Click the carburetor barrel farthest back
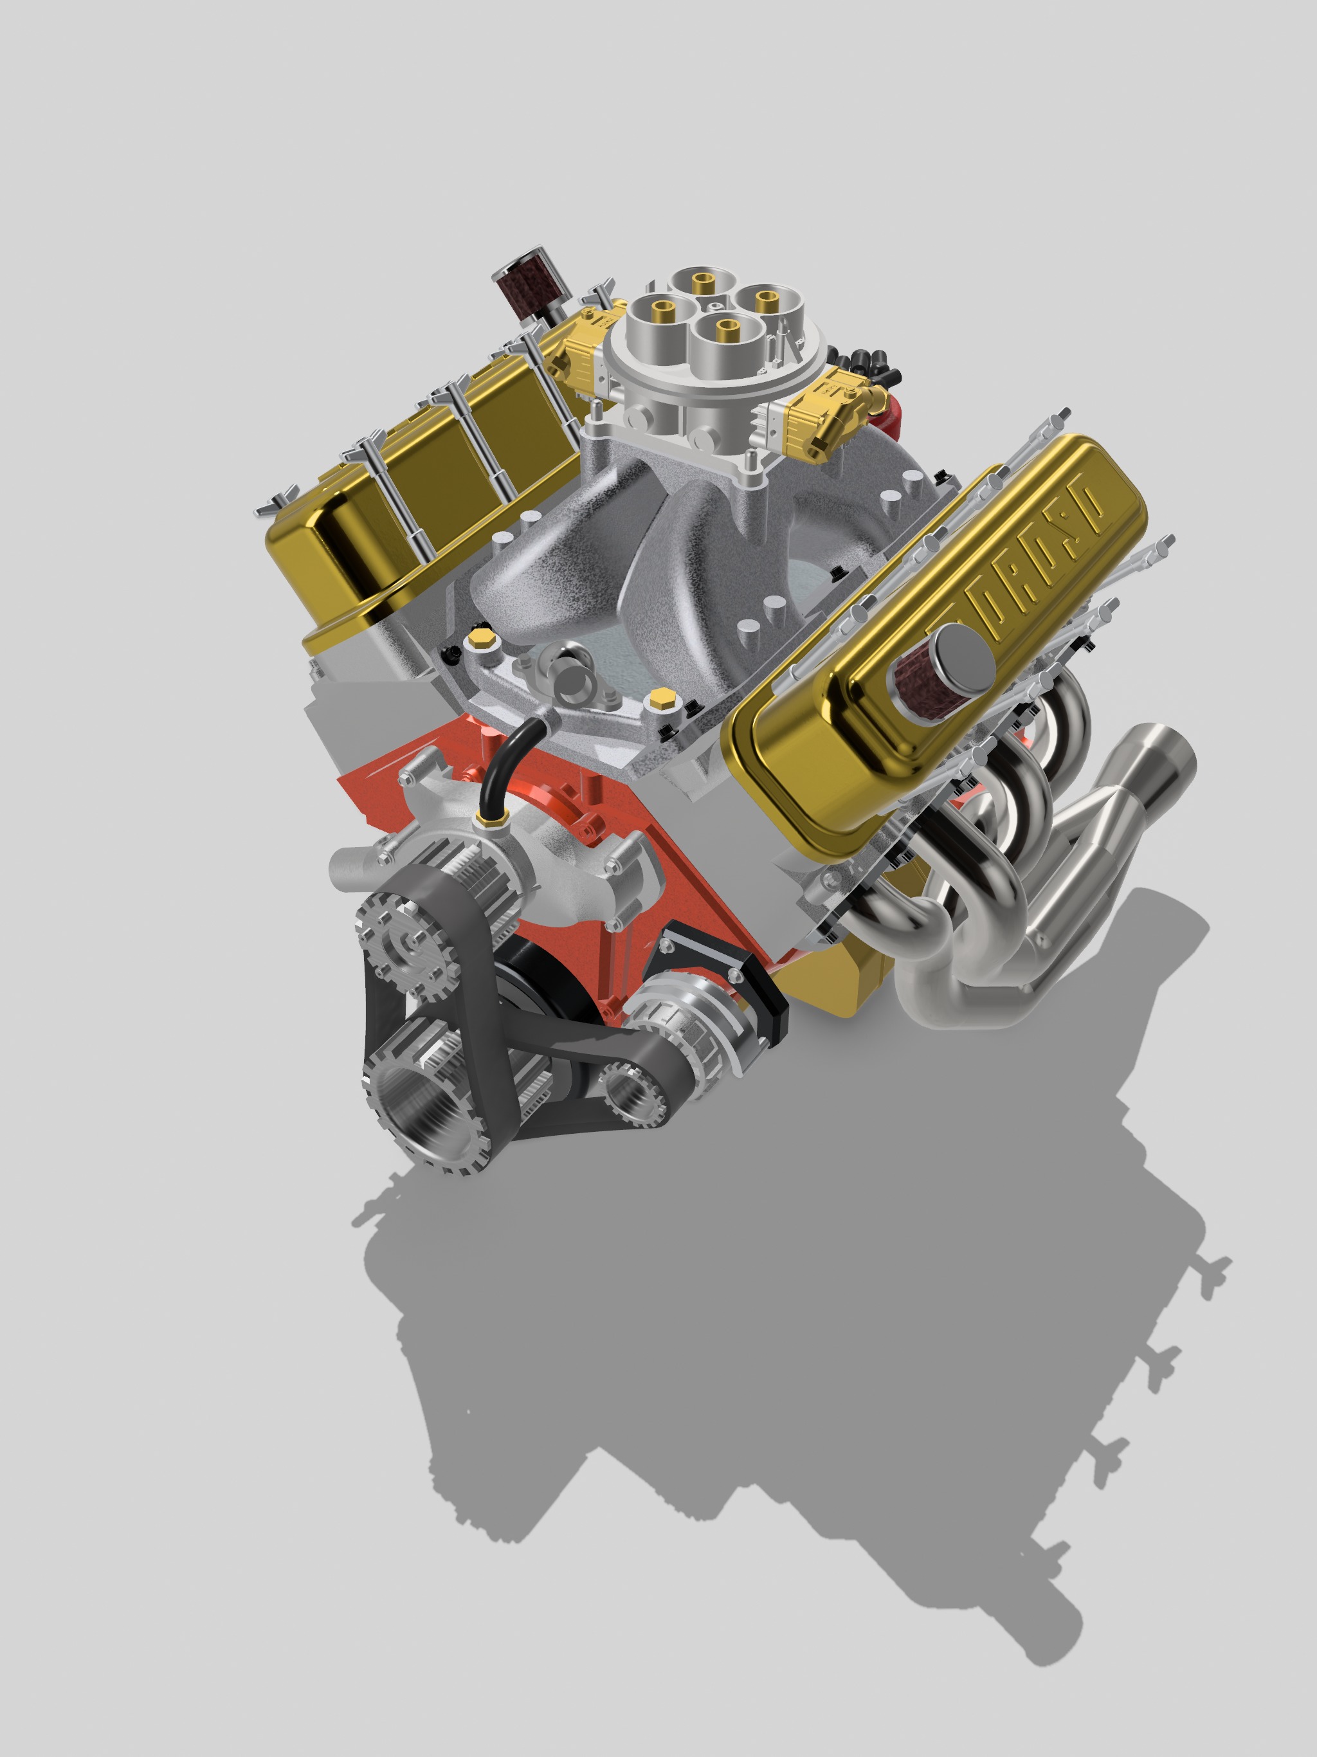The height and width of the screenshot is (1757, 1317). pyautogui.click(x=703, y=284)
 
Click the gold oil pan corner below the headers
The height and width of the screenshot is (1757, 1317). pyautogui.click(x=850, y=985)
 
